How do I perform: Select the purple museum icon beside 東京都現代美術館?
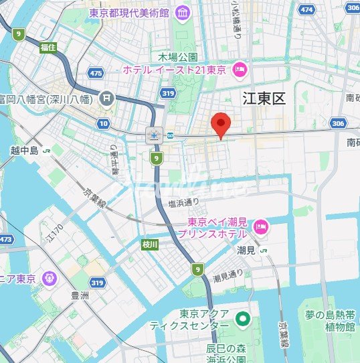pos(181,12)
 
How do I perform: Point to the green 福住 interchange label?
pos(48,48)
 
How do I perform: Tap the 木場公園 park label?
pos(178,57)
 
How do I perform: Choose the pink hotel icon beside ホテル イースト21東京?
pos(239,70)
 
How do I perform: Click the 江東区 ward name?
pos(264,99)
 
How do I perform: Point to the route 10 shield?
pos(102,123)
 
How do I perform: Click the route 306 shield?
pos(337,123)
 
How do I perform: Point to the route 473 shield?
pos(6,239)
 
